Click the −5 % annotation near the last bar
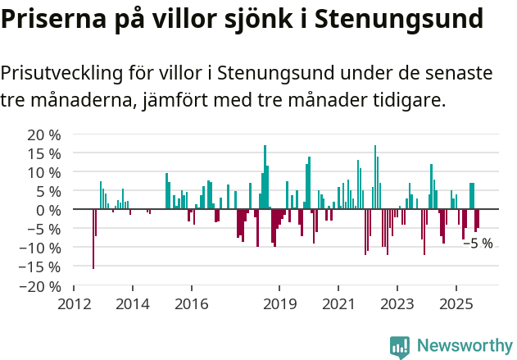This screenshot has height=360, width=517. tap(478, 244)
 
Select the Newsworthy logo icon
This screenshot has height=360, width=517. tap(400, 347)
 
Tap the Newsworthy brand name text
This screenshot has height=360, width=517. tap(464, 347)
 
